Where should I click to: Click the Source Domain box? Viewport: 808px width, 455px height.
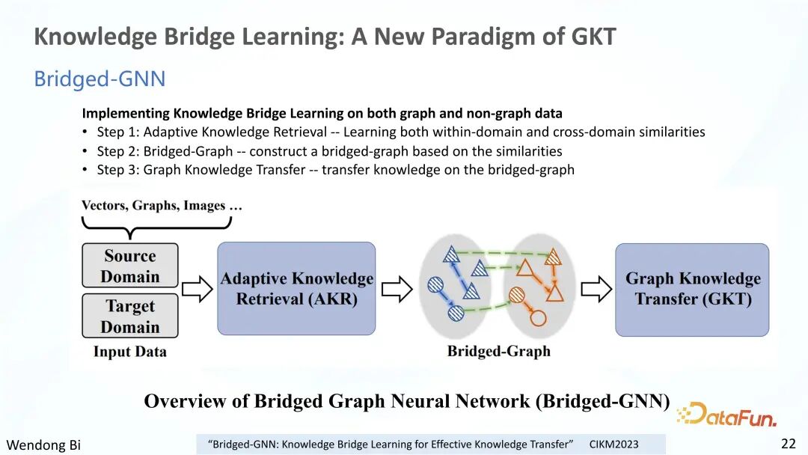coord(130,266)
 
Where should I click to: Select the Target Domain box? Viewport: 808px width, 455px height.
coord(130,316)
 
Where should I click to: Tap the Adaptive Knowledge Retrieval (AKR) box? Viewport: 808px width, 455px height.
coord(296,289)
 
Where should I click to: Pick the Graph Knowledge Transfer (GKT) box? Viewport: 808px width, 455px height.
coord(692,290)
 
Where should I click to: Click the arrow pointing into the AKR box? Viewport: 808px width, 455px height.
coord(198,289)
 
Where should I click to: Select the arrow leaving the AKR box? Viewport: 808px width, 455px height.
coord(397,289)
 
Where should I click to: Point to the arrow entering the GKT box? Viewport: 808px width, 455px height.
coord(596,289)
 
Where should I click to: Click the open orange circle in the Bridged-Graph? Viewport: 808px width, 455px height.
coord(538,318)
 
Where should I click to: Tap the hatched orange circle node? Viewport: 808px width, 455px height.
coord(516,296)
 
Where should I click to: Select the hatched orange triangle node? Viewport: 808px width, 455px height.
coord(553,257)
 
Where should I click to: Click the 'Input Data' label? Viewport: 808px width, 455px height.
coord(130,352)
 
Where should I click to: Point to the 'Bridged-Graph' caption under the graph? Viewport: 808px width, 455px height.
coord(499,351)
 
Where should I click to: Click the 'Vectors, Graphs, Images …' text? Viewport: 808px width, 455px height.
coord(162,206)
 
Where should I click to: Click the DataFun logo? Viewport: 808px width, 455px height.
coord(726,415)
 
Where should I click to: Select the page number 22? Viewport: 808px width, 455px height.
coord(789,443)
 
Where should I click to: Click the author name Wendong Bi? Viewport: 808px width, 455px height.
coord(43,445)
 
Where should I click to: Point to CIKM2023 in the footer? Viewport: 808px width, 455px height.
coord(613,445)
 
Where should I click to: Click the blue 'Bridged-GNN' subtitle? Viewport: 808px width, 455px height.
coord(100,79)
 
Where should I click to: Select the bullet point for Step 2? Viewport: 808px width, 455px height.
coord(85,151)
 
